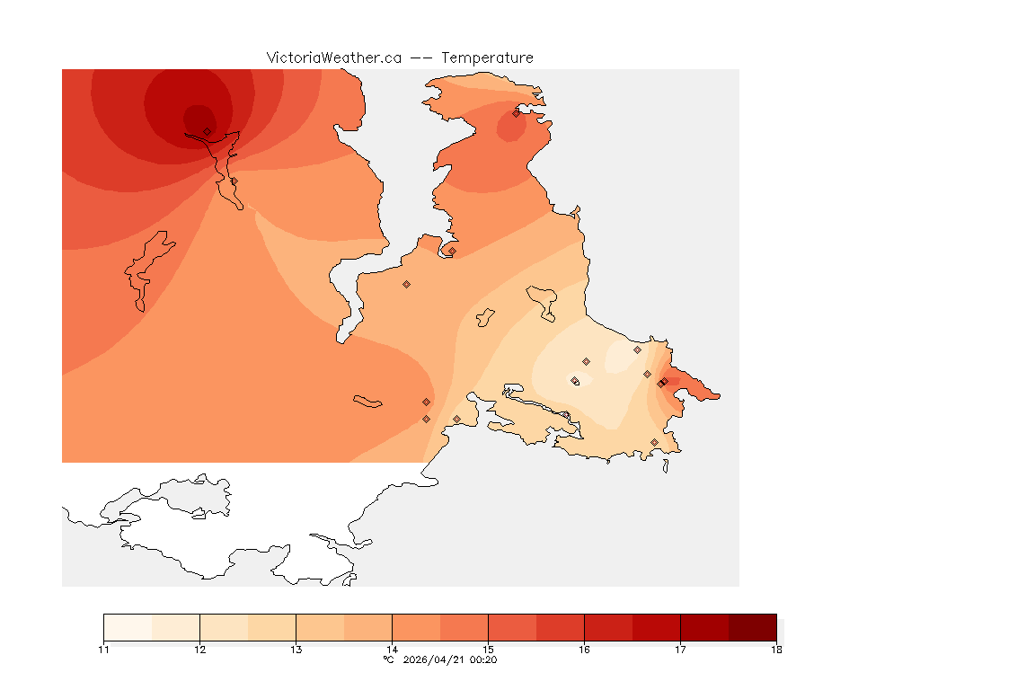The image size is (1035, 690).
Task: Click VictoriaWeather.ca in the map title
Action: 333,57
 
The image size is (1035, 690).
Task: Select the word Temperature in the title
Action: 487,57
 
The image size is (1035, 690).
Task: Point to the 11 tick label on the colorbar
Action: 103,650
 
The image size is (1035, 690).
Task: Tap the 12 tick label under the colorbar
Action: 199,650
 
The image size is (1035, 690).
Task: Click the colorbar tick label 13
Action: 296,650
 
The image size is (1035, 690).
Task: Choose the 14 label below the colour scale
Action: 392,650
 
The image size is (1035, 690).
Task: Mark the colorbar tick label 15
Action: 488,650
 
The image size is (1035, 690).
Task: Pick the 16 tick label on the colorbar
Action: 584,650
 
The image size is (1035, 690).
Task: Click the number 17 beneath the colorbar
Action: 680,650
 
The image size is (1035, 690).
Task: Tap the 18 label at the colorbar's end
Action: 776,650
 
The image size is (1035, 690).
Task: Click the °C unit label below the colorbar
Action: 389,659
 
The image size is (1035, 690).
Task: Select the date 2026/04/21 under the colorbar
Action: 437,659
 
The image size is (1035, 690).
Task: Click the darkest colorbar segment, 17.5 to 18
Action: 752,627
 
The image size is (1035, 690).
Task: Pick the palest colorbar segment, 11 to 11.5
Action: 128,627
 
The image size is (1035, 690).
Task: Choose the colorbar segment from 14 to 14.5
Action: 416,627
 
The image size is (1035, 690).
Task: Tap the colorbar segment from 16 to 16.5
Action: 608,627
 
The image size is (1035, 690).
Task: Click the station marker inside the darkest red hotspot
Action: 207,131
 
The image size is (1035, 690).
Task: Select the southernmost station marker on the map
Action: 654,442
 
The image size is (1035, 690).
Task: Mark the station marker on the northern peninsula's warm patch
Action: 517,113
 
